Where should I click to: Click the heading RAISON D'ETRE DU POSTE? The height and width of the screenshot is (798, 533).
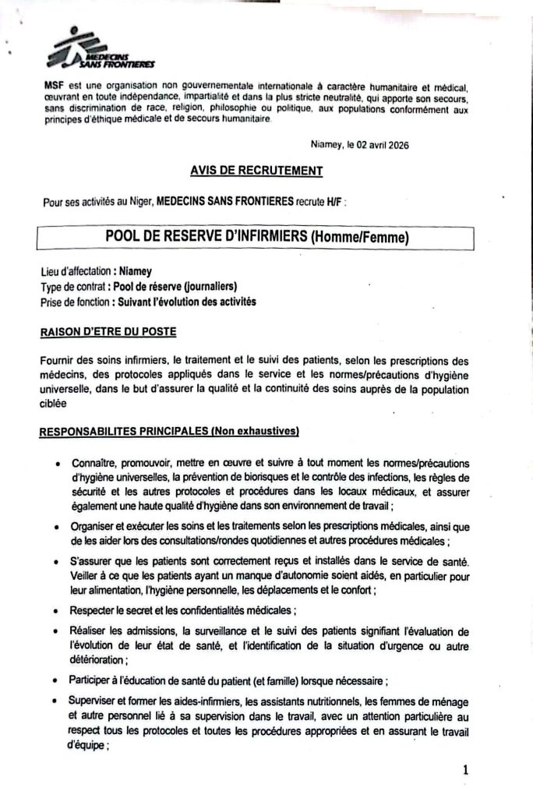tap(108, 332)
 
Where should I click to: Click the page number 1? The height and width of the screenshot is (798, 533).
tap(465, 770)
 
